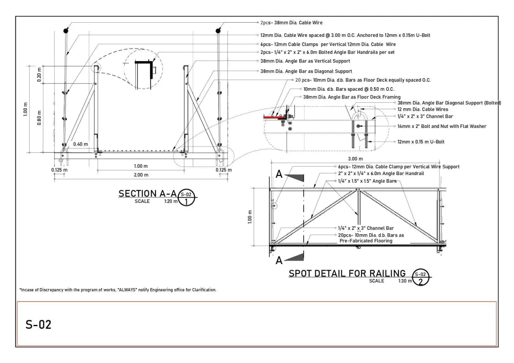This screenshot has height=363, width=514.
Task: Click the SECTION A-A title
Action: tap(147, 194)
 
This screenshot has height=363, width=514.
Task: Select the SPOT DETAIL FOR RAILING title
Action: tap(347, 273)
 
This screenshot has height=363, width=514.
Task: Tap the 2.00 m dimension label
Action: tap(140, 175)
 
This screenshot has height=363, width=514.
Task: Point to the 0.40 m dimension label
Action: tap(80, 144)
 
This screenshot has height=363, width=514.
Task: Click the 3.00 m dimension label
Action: tap(359, 159)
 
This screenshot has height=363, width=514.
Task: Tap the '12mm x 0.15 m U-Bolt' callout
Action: tap(421, 141)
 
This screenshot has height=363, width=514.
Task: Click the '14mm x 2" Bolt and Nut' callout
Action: tap(442, 126)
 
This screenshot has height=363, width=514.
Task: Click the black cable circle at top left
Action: tap(66, 30)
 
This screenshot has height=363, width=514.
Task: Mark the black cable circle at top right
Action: tap(218, 30)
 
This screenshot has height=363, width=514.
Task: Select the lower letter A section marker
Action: tap(278, 260)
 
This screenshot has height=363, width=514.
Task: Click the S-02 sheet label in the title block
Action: tap(39, 324)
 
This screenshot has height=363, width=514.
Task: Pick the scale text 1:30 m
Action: tap(404, 281)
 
